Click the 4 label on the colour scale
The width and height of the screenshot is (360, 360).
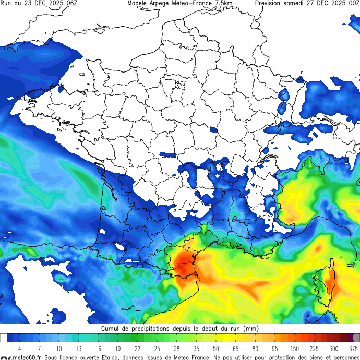[x=19, y=348]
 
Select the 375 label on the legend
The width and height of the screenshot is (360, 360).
[x=354, y=348]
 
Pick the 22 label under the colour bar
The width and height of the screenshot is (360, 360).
[x=137, y=348]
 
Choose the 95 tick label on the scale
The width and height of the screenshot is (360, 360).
[x=275, y=348]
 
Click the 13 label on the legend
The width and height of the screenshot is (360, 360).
[x=78, y=348]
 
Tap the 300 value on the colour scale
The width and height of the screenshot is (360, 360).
[x=334, y=348]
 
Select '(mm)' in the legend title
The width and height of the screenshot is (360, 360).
[x=250, y=329]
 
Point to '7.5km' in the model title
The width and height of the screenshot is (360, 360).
[x=222, y=3]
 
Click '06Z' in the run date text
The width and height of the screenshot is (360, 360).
[x=71, y=3]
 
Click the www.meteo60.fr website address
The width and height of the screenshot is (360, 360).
[x=21, y=357]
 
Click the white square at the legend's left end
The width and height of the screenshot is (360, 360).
[x=3, y=338]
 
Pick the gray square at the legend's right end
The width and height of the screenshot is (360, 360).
[x=357, y=338]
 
